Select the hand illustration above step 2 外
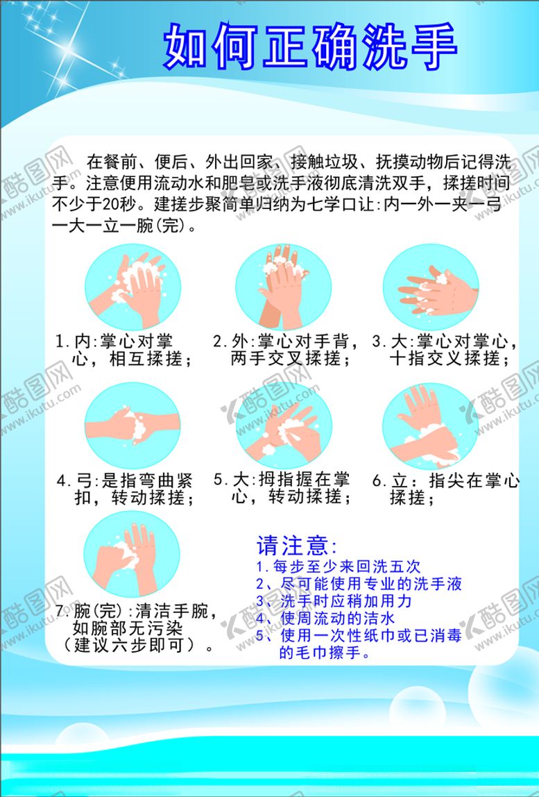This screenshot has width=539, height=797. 283,287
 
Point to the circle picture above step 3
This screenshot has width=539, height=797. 431,287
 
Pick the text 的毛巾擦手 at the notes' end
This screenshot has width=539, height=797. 324,653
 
